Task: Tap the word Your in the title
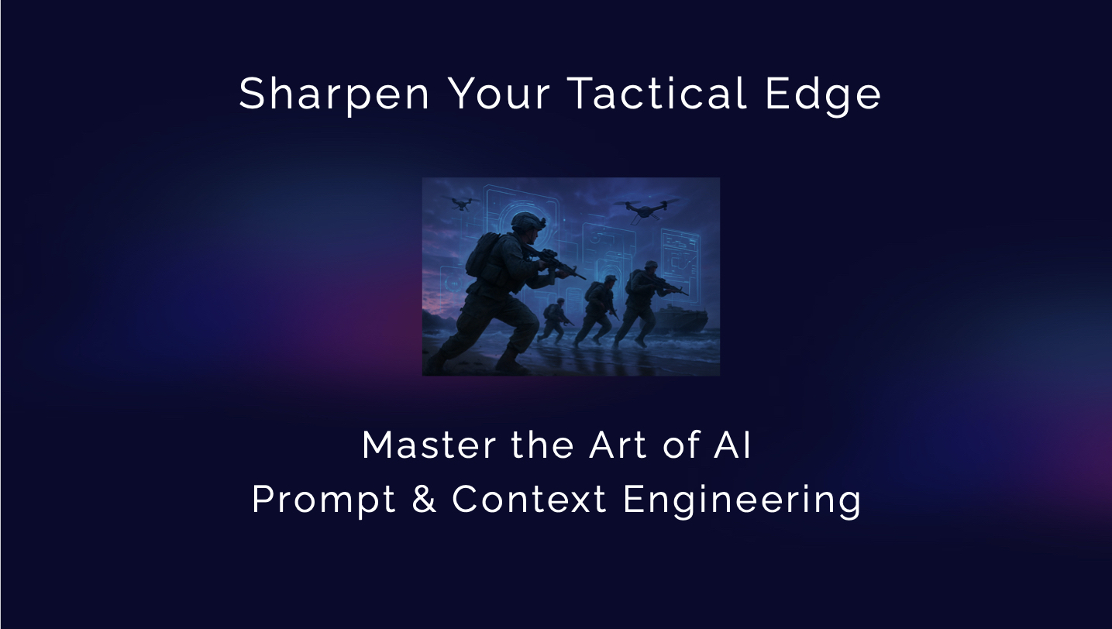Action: [499, 93]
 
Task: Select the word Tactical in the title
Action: [657, 92]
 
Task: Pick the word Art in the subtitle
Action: [618, 445]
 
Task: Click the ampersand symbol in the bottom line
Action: [424, 499]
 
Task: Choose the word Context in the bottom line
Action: [528, 499]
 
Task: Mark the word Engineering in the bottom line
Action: [742, 500]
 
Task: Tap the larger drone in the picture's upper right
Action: [646, 209]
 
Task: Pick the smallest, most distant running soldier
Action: [554, 321]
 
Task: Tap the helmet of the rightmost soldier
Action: [651, 265]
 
